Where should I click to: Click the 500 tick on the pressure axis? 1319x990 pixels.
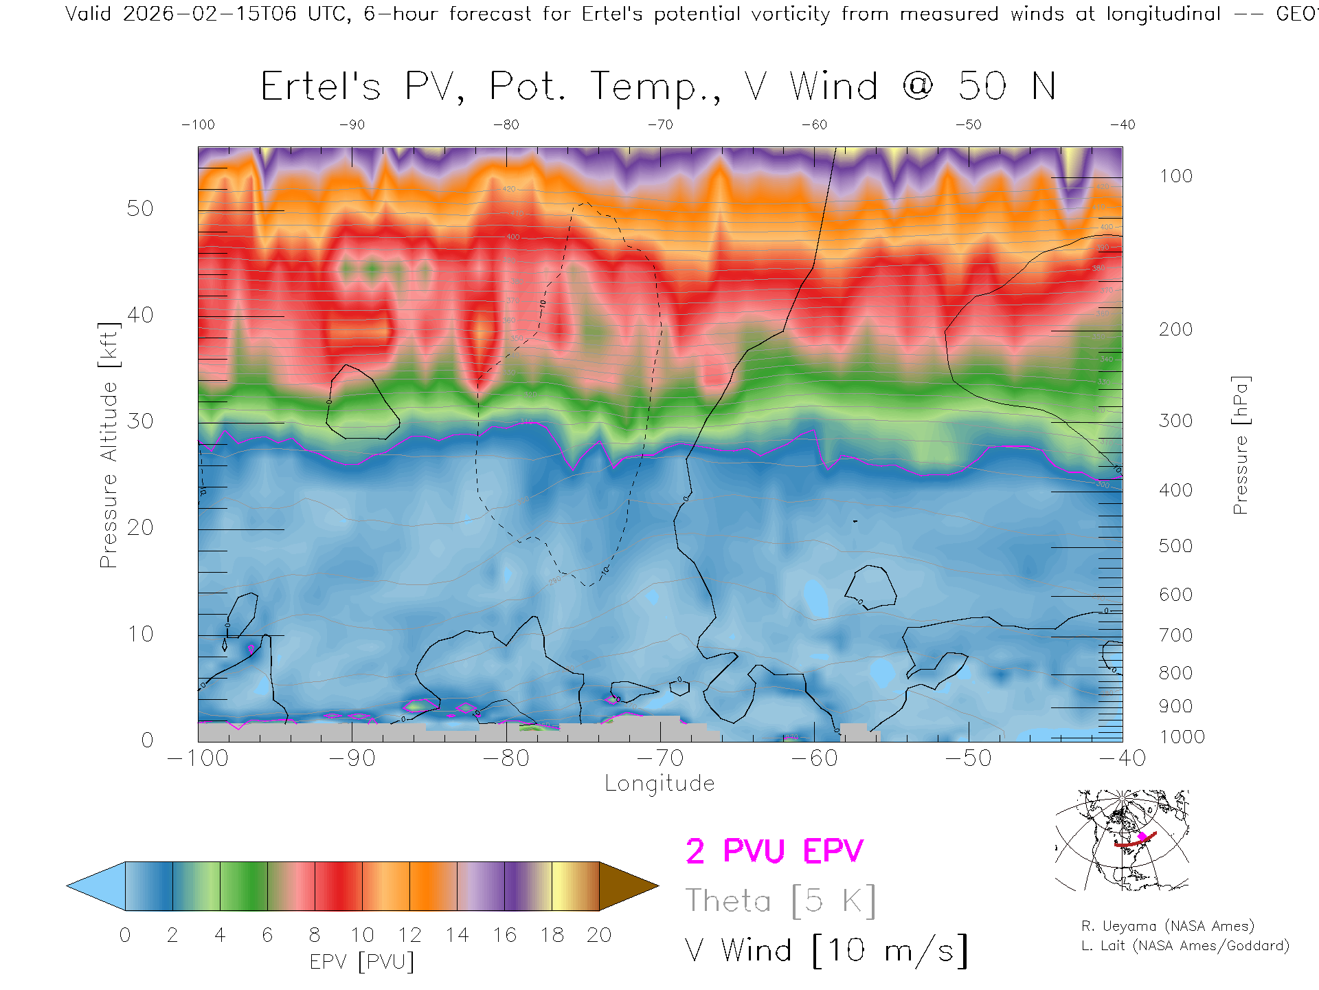[1175, 546]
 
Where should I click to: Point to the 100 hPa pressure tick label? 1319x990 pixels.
[1175, 176]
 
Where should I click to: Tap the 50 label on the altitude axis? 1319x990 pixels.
[139, 208]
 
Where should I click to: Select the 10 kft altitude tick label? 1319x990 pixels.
[139, 634]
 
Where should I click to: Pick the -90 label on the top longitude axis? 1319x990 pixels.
[352, 125]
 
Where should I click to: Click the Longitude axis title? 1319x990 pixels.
[659, 784]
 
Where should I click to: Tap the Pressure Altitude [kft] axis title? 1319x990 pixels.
[109, 445]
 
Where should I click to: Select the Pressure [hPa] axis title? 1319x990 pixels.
[1240, 445]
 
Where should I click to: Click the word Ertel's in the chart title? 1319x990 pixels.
[320, 87]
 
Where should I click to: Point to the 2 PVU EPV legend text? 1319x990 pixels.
[774, 851]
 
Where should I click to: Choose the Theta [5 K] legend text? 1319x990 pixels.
[780, 901]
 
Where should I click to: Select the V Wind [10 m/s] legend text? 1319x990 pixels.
[826, 951]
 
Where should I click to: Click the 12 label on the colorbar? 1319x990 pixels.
[409, 935]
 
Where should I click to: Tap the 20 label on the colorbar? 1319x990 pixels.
[599, 935]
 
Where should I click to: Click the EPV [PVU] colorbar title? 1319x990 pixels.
[362, 962]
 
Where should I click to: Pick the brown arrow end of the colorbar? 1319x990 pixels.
[627, 886]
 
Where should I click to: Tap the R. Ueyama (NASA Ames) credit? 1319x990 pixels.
[1167, 926]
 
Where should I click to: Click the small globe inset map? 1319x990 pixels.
[1122, 840]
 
